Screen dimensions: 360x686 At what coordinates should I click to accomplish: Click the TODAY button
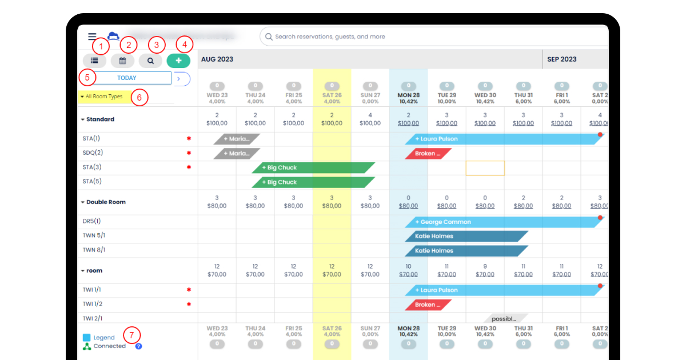(127, 78)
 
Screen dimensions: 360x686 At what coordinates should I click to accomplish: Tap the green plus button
(178, 60)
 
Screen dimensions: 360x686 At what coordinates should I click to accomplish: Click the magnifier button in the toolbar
(150, 60)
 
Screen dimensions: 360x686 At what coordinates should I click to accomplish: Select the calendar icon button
(122, 60)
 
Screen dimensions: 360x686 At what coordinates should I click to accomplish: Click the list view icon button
(94, 60)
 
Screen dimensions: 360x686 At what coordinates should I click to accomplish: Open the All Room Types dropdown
(103, 97)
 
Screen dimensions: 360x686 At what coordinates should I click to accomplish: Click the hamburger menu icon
(92, 37)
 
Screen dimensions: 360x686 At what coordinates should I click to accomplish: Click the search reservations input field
(434, 37)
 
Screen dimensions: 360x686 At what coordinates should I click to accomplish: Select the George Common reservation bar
(503, 222)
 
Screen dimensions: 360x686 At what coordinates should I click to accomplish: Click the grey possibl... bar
(505, 318)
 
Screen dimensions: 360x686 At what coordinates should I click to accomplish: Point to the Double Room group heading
(106, 202)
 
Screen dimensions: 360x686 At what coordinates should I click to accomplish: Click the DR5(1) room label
(91, 221)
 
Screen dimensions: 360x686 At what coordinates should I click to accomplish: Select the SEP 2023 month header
(561, 59)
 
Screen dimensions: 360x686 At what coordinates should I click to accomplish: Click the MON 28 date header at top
(408, 95)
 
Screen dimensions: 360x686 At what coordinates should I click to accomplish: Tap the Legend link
(104, 338)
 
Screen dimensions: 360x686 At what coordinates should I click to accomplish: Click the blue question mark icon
(138, 346)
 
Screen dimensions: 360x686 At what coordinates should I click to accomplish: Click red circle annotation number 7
(132, 335)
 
